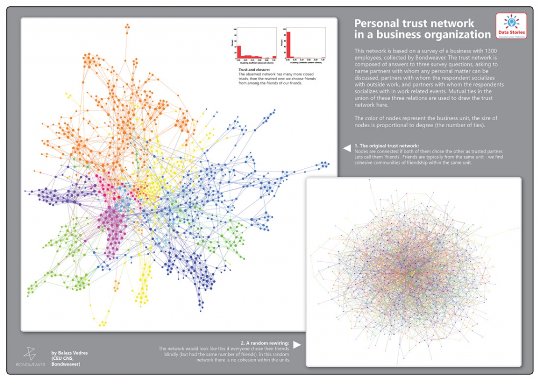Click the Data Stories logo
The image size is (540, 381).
point(511,25)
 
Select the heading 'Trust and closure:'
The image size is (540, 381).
point(254,70)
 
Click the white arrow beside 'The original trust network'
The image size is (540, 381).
point(347,148)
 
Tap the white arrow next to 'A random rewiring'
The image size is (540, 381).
point(297,345)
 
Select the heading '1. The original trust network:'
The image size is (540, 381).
point(387,145)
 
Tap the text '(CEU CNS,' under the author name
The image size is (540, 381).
point(62,358)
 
